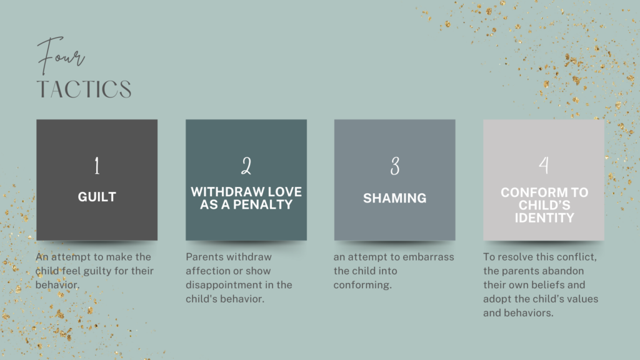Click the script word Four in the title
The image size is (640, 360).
[x=61, y=56]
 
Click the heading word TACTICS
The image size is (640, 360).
[x=84, y=89]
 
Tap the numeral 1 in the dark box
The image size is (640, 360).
[x=97, y=166]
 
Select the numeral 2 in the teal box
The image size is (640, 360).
[x=246, y=166]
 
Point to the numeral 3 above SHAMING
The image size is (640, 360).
[x=395, y=166]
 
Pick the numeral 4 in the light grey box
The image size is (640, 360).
[x=544, y=165]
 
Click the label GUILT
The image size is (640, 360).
[x=97, y=197]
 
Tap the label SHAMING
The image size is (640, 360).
[x=395, y=198]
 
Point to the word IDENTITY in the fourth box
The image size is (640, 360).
[x=544, y=218]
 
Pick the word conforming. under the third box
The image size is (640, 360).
[x=362, y=285]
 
